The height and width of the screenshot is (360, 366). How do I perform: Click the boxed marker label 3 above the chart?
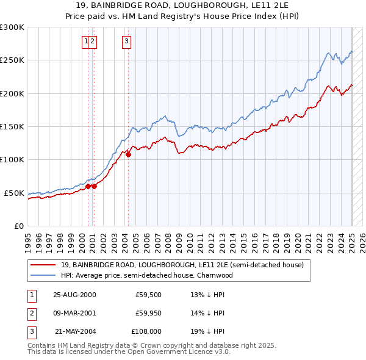coord(126,41)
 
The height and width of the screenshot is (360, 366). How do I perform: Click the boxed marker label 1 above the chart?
coord(86,41)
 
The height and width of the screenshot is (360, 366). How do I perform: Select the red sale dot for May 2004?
coord(129,154)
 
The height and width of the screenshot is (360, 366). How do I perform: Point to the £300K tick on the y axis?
coord(13,27)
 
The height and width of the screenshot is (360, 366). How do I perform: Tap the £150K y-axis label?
coord(13,126)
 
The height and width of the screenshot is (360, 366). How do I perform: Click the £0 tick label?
coord(20,226)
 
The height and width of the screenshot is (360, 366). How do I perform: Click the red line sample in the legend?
coord(42,265)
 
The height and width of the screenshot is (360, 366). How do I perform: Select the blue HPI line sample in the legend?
coord(42,275)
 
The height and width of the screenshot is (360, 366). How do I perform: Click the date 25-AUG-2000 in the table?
coord(74,294)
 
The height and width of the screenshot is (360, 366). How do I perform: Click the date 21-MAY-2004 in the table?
coord(75,333)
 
